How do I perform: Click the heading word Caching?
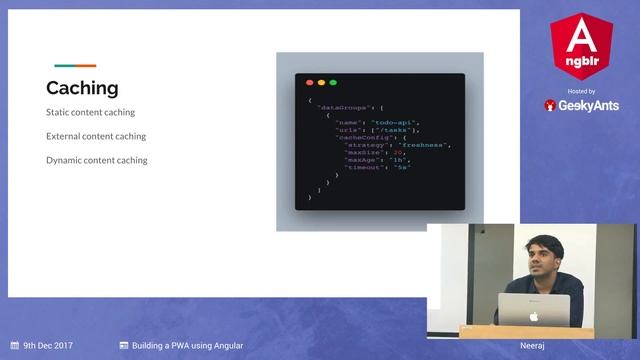pos(82,88)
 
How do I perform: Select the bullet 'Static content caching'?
pos(90,112)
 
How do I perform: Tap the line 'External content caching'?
pos(96,136)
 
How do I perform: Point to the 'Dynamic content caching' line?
pos(97,160)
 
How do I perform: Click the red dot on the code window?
pos(310,83)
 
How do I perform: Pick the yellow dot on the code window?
pos(321,83)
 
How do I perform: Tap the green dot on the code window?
pos(333,83)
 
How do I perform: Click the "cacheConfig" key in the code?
pos(357,137)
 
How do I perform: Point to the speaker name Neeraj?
pos(532,346)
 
